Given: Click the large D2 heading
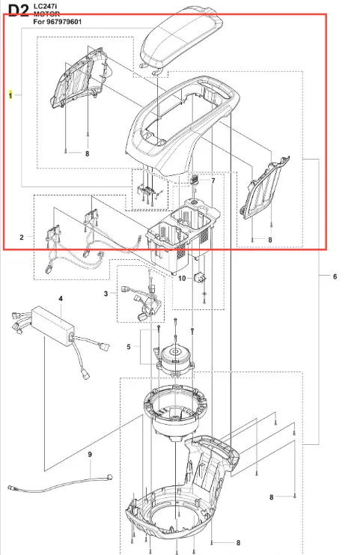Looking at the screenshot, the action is tap(19, 10).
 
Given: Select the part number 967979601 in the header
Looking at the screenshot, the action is tap(64, 22).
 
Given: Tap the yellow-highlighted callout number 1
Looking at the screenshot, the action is tap(10, 95).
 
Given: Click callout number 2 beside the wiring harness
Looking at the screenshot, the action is tap(22, 237).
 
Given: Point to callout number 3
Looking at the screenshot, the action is tap(106, 294).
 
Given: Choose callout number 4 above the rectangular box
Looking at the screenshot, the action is tap(61, 299).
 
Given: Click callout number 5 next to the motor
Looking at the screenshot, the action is tap(129, 347).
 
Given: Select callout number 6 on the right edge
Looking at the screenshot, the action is tap(335, 276).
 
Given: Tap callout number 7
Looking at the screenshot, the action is tap(213, 181).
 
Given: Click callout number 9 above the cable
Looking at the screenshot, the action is tap(90, 454).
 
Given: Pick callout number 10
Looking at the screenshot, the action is tap(182, 278).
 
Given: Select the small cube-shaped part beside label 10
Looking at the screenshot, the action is tap(200, 277).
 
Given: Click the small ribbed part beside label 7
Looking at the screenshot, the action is tap(194, 179).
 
